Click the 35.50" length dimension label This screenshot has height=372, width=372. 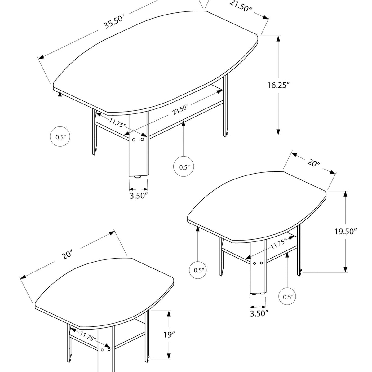click(x=114, y=22)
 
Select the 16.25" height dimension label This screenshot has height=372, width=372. click(x=278, y=85)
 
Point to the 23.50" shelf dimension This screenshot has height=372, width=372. click(x=180, y=110)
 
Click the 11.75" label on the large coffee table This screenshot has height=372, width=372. click(x=117, y=123)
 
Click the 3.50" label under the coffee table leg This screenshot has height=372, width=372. click(x=139, y=196)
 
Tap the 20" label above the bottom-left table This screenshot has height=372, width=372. click(x=67, y=255)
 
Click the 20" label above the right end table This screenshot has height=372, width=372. click(x=313, y=163)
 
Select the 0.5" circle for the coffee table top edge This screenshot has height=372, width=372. click(x=60, y=136)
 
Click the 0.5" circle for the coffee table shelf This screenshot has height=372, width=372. click(x=184, y=166)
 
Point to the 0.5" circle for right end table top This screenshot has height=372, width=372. click(x=198, y=270)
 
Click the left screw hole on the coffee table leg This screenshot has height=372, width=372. click(x=134, y=139)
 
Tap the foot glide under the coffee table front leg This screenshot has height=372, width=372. click(x=137, y=177)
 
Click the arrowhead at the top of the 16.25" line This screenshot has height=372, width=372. click(x=278, y=39)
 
